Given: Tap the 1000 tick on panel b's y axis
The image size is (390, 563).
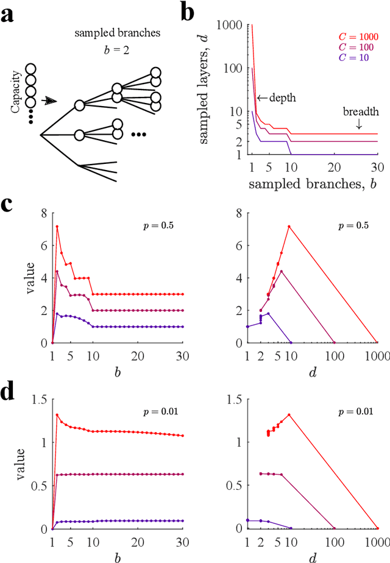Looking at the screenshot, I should click(234, 25).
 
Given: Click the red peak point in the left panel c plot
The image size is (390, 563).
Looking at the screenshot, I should click(57, 227).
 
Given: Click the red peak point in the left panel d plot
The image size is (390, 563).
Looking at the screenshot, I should click(57, 415).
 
